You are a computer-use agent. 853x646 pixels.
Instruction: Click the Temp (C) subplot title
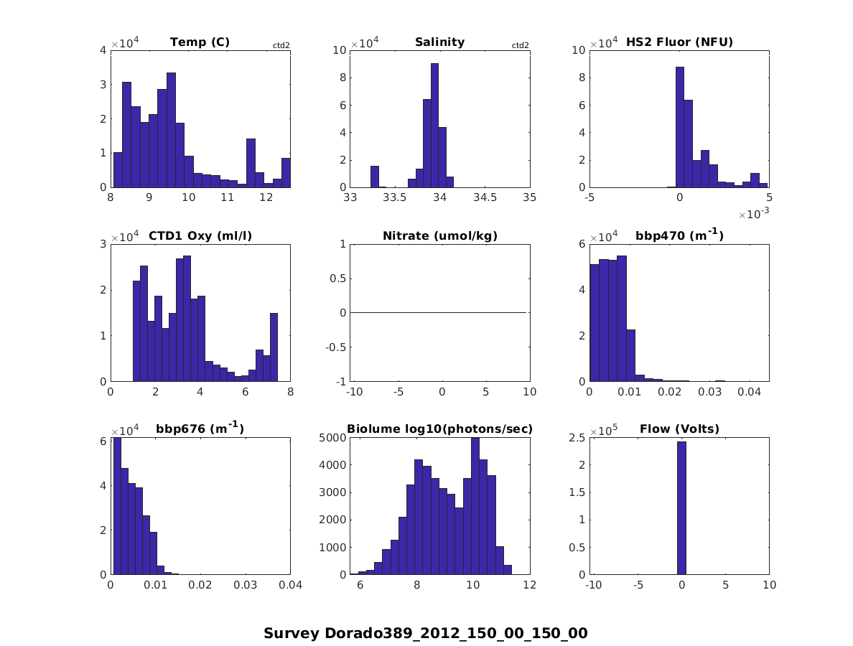(200, 42)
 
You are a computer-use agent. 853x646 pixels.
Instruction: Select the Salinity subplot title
(439, 42)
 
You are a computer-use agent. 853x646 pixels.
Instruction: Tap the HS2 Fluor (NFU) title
(679, 42)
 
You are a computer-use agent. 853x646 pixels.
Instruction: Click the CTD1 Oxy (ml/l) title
(200, 236)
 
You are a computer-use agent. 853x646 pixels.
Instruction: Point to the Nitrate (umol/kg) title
(439, 236)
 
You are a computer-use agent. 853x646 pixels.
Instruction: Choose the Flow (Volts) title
(679, 429)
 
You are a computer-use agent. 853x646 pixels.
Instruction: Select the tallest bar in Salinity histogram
(434, 126)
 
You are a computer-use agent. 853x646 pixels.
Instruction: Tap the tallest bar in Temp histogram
(171, 130)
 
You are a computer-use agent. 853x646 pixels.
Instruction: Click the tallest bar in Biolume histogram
(475, 506)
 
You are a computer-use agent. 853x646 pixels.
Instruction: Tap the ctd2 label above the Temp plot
(281, 46)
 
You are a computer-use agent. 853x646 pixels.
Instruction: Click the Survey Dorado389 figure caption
(425, 634)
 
